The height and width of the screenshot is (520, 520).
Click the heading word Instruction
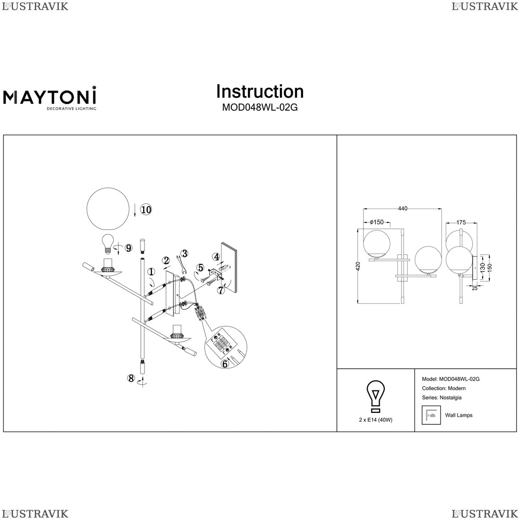pyautogui.click(x=260, y=91)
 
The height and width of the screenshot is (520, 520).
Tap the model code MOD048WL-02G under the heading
pyautogui.click(x=259, y=108)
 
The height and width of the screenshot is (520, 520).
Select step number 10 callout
pyautogui.click(x=146, y=209)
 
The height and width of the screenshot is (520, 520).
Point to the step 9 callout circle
pyautogui.click(x=128, y=248)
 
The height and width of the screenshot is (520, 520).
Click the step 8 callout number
pyautogui.click(x=132, y=378)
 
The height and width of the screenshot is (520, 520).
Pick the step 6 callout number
pyautogui.click(x=225, y=364)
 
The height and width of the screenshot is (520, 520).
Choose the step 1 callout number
pyautogui.click(x=151, y=272)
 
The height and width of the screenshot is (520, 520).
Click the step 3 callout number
pyautogui.click(x=185, y=253)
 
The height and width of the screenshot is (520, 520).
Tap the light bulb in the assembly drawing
pyautogui.click(x=107, y=242)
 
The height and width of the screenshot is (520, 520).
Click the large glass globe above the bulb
pyautogui.click(x=108, y=209)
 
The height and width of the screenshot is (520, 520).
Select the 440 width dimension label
pyautogui.click(x=402, y=209)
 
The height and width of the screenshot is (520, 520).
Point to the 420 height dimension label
pyautogui.click(x=358, y=266)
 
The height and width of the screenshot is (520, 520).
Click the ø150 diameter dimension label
pyautogui.click(x=376, y=222)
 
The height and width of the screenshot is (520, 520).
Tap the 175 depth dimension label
pyautogui.click(x=461, y=223)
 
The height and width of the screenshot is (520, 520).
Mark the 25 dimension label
pyautogui.click(x=475, y=289)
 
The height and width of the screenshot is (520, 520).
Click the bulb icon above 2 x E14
pyautogui.click(x=375, y=397)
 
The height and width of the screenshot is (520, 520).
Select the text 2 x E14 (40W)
pyautogui.click(x=375, y=420)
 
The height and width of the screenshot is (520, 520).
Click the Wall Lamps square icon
pyautogui.click(x=431, y=415)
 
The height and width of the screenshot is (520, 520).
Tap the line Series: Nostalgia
pyautogui.click(x=441, y=398)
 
